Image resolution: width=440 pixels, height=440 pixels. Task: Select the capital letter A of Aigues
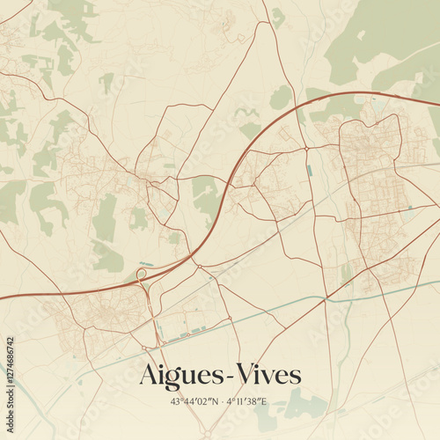(147, 374)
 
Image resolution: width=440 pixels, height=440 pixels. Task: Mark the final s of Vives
(295, 377)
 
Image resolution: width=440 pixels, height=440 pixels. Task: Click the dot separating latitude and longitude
(223, 401)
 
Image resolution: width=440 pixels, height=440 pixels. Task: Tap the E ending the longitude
(262, 401)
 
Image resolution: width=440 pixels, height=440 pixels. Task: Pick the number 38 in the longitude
(253, 401)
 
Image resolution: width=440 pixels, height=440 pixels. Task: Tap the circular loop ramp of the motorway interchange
(142, 275)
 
